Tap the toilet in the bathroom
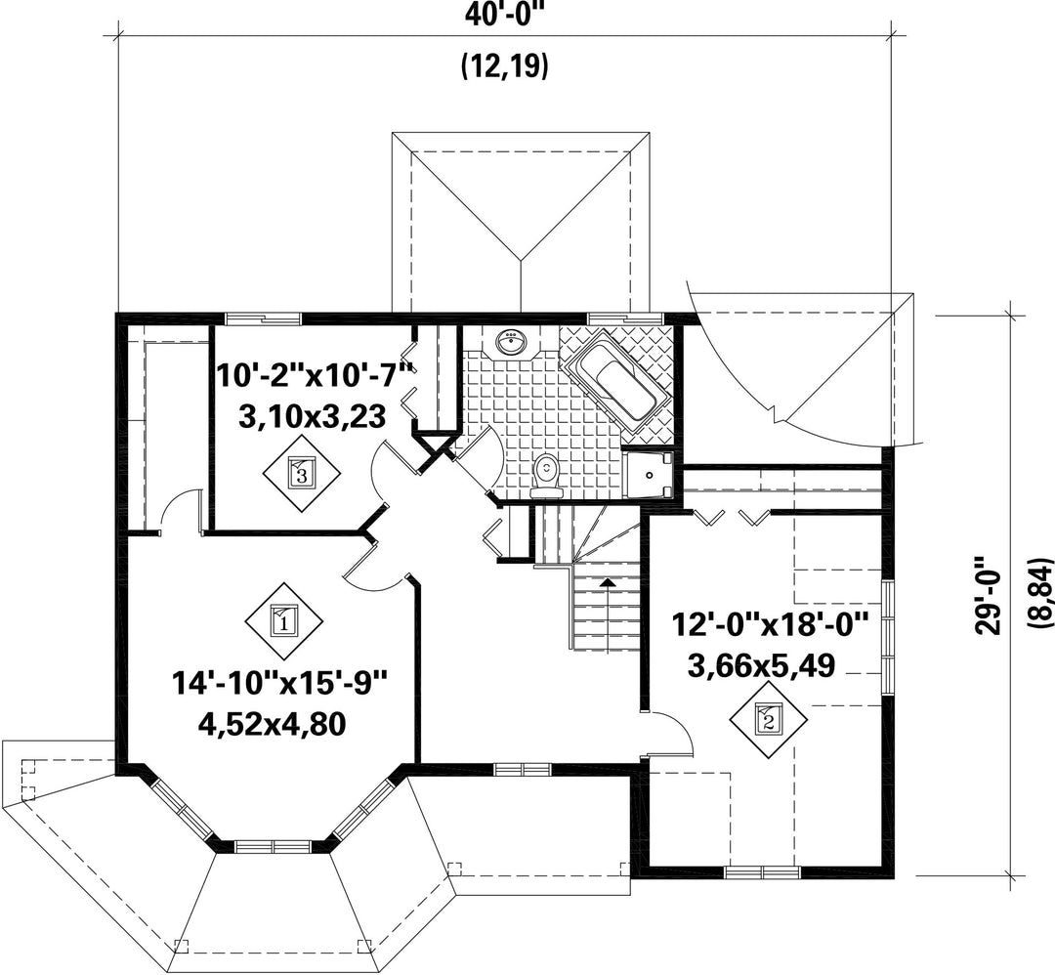[x=545, y=474]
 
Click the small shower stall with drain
[x=649, y=475]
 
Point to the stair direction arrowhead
[x=608, y=582]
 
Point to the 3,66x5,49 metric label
[x=761, y=665]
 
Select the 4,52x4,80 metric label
[x=272, y=724]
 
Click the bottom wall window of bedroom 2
[x=762, y=872]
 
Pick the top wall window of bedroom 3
[x=263, y=318]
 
